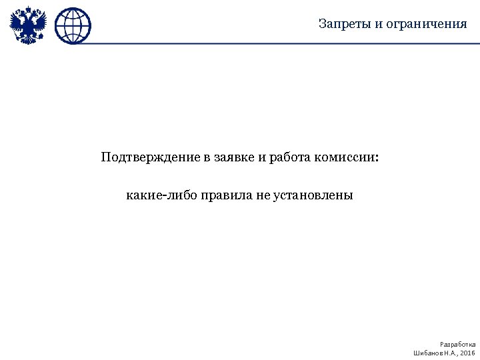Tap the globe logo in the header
[x=73, y=25]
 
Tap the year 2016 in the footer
[x=468, y=352]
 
